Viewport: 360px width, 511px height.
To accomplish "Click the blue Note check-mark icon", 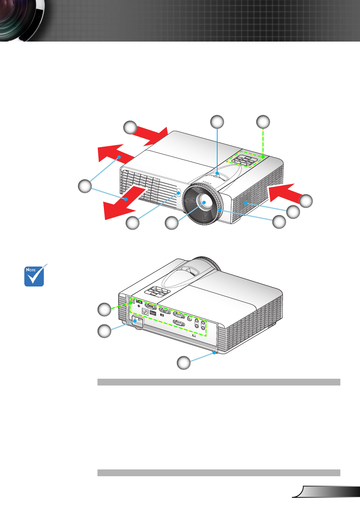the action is pos(35,276).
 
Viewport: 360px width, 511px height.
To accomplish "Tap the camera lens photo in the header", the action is pos(22,20).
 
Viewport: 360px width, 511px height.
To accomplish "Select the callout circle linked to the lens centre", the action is pos(172,223).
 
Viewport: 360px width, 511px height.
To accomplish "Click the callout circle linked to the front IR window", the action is pos(133,223).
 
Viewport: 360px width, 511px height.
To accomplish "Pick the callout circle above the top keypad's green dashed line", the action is pos(263,122).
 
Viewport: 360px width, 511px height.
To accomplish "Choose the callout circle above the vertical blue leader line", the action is pos(217,122).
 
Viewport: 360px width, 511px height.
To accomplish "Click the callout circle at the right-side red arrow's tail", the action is pos(306,201).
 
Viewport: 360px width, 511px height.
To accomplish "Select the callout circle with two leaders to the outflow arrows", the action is pos(85,186).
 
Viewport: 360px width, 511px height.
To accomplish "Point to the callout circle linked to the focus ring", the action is pos(279,222).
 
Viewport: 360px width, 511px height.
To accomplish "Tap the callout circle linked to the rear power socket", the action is pos(104,331).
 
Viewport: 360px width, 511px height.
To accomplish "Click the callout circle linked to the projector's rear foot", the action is pos(184,362).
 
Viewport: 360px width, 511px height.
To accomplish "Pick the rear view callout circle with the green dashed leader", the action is pos(104,310).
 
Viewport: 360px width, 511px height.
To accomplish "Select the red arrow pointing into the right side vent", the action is pos(286,193).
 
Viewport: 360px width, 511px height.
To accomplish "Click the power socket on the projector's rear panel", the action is pos(138,321).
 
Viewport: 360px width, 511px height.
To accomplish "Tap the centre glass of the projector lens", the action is pos(204,202).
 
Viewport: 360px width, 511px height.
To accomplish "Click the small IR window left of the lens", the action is pos(179,193).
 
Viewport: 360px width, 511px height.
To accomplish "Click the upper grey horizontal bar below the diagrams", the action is pos(219,382).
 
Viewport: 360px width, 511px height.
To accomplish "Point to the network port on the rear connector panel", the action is pos(145,311).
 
